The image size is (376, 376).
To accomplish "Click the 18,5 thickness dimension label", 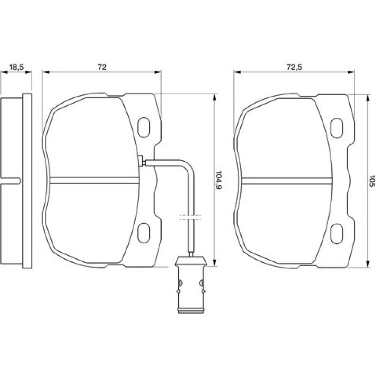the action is (16, 67).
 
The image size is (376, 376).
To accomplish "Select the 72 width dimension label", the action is (102, 67).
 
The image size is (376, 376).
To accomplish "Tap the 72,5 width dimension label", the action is (294, 67).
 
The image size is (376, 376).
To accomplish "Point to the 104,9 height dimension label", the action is (218, 180).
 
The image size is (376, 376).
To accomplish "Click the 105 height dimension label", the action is (371, 181).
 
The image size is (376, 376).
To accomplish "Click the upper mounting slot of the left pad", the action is (144, 127).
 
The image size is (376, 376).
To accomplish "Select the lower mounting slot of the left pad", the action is (144, 233).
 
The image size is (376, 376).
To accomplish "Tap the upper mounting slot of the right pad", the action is (337, 128).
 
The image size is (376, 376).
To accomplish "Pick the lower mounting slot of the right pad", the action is (337, 233).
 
